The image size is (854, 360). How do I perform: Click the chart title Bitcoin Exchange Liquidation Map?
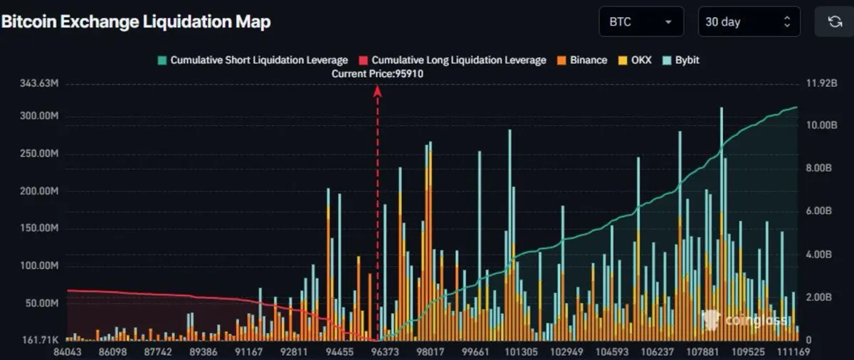[x=135, y=22]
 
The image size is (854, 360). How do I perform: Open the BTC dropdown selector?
[x=640, y=22]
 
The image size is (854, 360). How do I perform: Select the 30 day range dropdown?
[x=748, y=22]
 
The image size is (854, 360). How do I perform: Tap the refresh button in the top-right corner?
[x=834, y=22]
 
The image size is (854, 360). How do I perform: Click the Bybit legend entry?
[x=681, y=60]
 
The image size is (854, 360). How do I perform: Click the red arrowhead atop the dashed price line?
[x=378, y=90]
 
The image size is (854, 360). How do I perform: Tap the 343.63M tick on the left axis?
[x=39, y=84]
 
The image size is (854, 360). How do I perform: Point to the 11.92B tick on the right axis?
[x=821, y=84]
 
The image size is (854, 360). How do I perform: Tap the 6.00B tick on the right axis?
[x=819, y=211]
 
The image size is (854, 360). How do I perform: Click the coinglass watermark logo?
[x=744, y=319]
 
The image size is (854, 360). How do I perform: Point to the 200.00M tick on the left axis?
[x=39, y=192]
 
